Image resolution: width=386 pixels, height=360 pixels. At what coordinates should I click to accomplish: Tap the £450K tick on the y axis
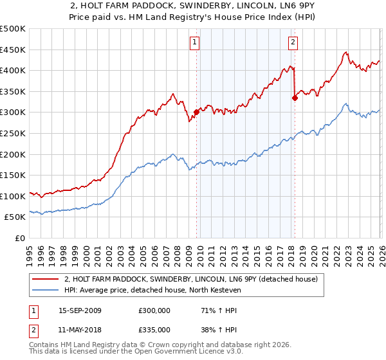click(x=13, y=50)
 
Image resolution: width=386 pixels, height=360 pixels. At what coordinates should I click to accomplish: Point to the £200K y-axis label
click(x=13, y=154)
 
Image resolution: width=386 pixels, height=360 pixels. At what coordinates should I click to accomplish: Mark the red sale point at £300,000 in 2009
click(x=196, y=112)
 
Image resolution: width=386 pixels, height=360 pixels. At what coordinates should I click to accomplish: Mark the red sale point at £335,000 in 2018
click(x=295, y=98)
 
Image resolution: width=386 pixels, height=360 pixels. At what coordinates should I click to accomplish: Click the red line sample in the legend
click(x=46, y=278)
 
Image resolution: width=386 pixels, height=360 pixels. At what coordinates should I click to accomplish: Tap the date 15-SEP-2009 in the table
click(x=80, y=310)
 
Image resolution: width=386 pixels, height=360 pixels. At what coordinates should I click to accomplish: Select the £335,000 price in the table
click(x=154, y=329)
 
